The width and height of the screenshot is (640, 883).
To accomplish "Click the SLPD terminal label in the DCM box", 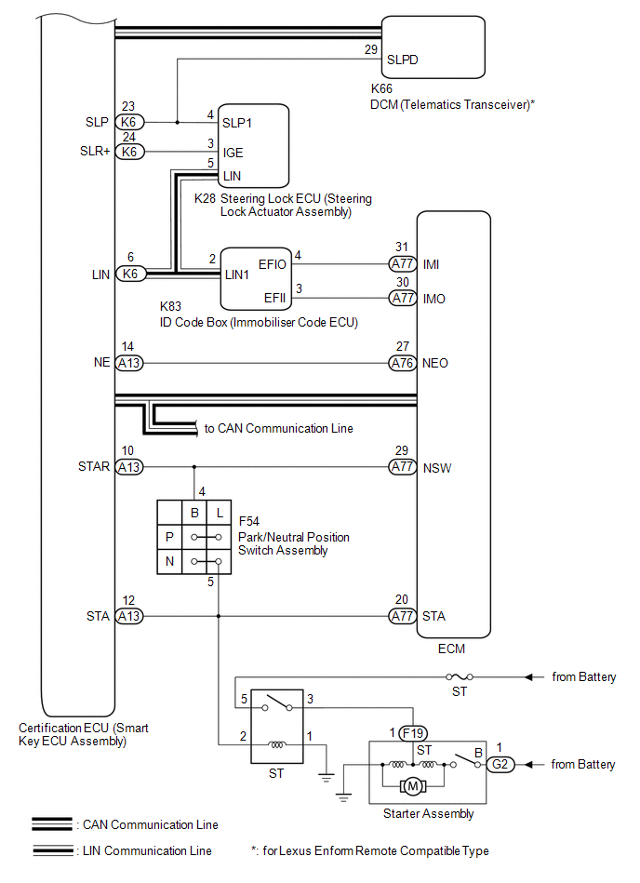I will coord(402,58).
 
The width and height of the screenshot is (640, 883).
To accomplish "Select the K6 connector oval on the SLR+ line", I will coord(129,152).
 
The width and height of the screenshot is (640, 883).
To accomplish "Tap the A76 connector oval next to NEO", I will coord(402,363).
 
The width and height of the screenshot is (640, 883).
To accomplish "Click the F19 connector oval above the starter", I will coord(412,732).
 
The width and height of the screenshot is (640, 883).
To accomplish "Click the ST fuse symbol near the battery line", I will coord(459,676).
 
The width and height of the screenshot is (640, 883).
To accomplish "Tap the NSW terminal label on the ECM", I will coord(436,467).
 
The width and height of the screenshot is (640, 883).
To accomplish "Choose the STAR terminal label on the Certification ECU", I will coord(94,467).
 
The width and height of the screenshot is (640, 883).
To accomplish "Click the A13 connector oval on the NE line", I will coord(129,363).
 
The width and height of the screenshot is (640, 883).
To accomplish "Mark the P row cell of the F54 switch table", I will coord(169,537).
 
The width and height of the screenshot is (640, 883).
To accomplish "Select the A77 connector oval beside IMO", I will coord(402,299).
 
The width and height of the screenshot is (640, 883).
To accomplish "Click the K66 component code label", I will coord(380,88).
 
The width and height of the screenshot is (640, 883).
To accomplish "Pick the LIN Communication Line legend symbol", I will coord(53,850).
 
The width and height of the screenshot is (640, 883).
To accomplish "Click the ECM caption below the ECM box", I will coord(453,649).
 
